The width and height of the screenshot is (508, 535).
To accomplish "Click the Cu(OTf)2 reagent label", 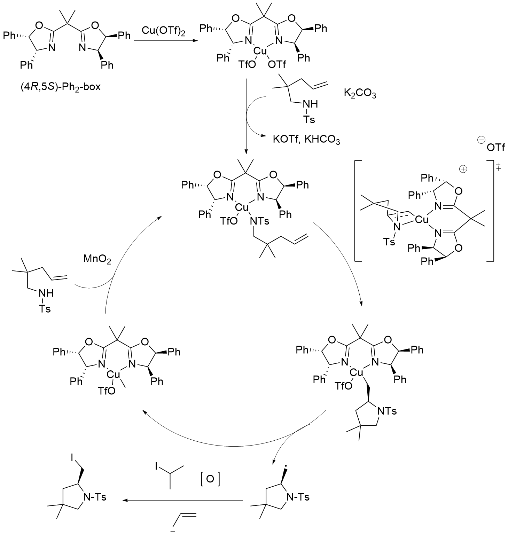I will [x=164, y=31].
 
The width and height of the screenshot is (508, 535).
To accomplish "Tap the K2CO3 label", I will [x=360, y=94].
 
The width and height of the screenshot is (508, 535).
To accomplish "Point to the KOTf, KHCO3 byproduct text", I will [x=306, y=140].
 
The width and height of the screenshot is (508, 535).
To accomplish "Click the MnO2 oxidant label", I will [x=97, y=259].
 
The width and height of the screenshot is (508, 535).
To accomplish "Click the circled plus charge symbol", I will [x=463, y=169].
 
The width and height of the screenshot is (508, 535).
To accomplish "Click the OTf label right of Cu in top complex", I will [x=277, y=64].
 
